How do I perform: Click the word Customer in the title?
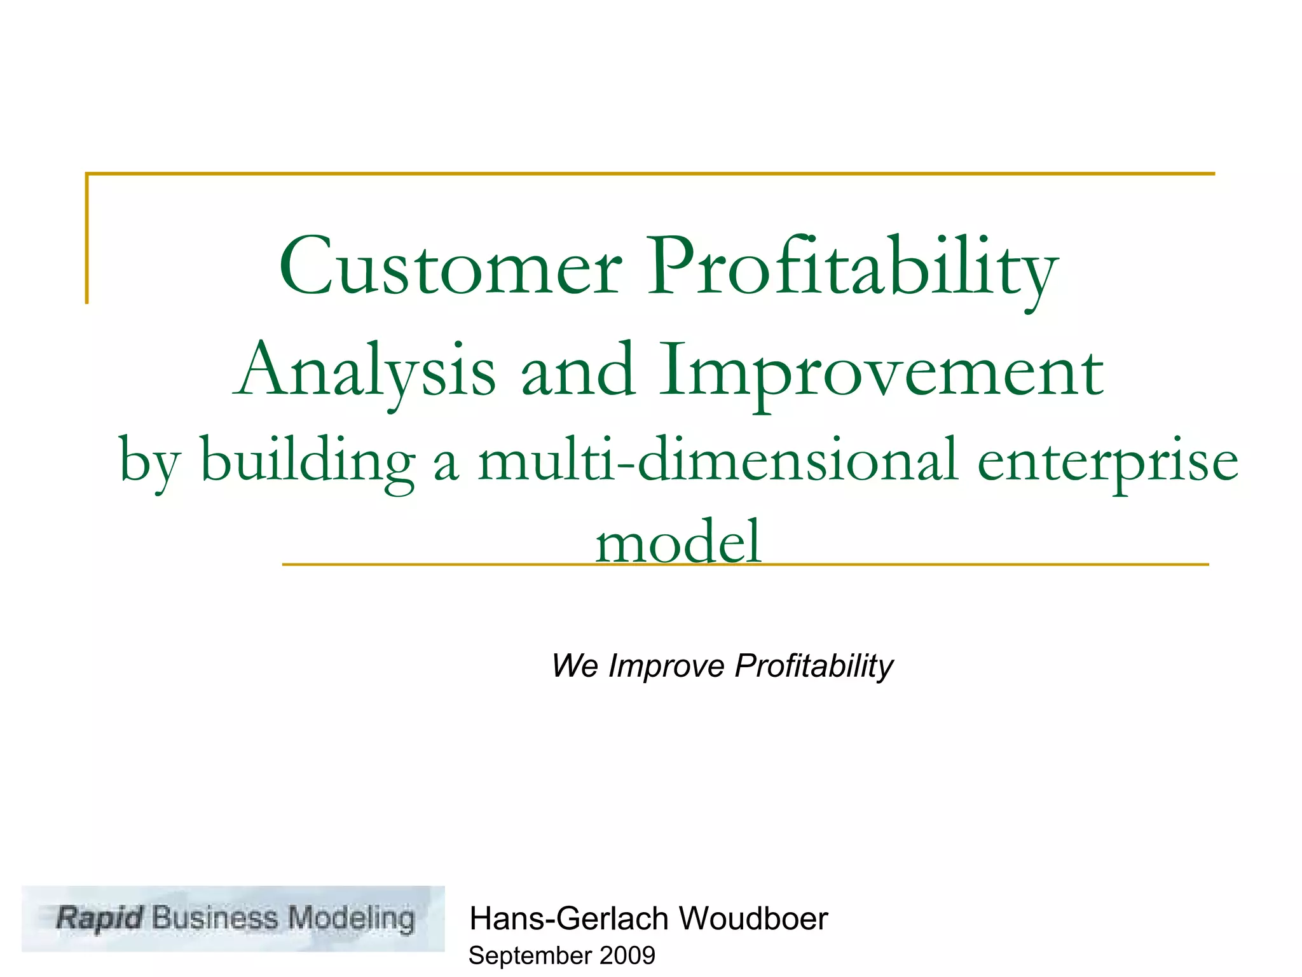coord(450,267)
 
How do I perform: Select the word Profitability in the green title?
coord(852,267)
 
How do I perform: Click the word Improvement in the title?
coord(881,371)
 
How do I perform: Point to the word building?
coord(308,461)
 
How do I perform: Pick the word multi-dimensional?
coord(717,461)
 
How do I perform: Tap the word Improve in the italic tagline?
coord(666,666)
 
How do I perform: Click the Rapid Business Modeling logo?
coord(233,918)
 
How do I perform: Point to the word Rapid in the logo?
coord(100,918)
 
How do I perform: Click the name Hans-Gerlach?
coord(569,919)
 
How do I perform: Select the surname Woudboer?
coord(753,919)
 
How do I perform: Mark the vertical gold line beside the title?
coord(86,239)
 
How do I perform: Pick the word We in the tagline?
coord(575,666)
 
